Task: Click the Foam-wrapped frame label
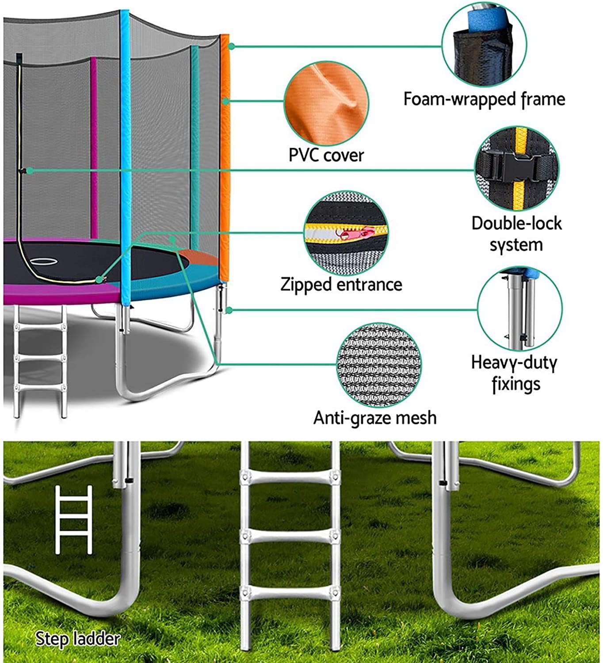(x=484, y=99)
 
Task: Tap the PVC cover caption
(x=326, y=155)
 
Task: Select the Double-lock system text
(x=516, y=233)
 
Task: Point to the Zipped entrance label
(x=341, y=284)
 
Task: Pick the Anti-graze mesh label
(x=375, y=417)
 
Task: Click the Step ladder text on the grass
(x=77, y=639)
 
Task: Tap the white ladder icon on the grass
(x=74, y=519)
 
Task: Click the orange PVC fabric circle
(x=326, y=103)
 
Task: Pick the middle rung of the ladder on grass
(x=290, y=537)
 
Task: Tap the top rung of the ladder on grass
(x=290, y=478)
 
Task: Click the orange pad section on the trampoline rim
(x=197, y=257)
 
